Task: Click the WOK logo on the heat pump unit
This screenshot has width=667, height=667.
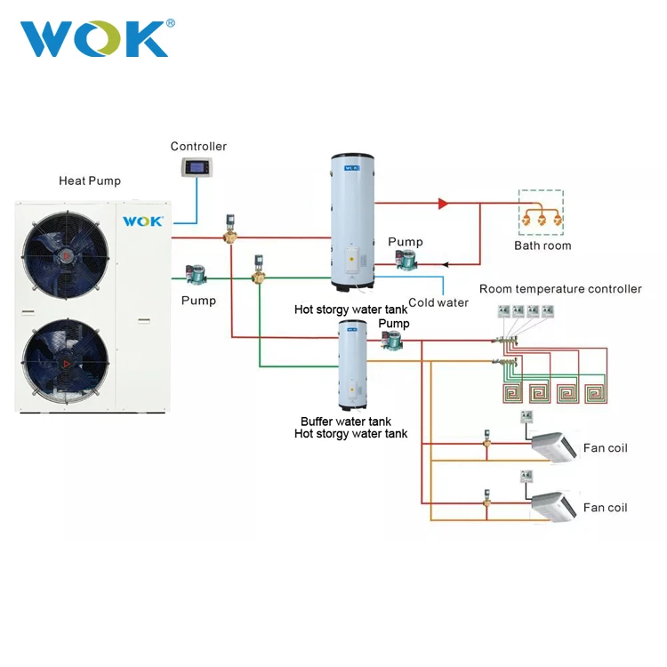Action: (143, 220)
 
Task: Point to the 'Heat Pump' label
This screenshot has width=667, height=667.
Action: (90, 181)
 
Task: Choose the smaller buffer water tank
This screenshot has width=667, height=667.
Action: (353, 365)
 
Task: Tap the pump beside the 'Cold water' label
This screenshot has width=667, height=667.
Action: (406, 260)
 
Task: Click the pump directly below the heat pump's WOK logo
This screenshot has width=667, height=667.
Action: (195, 274)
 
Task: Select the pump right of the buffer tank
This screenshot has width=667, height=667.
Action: (392, 339)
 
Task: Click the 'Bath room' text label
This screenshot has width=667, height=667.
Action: (542, 245)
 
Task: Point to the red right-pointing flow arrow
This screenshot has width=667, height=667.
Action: (442, 204)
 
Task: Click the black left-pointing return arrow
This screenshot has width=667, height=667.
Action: (446, 264)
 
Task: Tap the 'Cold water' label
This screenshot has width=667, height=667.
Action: (438, 302)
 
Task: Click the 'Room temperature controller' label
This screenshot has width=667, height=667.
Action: (560, 289)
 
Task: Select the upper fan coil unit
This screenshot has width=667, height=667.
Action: (553, 446)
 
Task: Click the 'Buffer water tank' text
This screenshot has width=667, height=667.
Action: (346, 422)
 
